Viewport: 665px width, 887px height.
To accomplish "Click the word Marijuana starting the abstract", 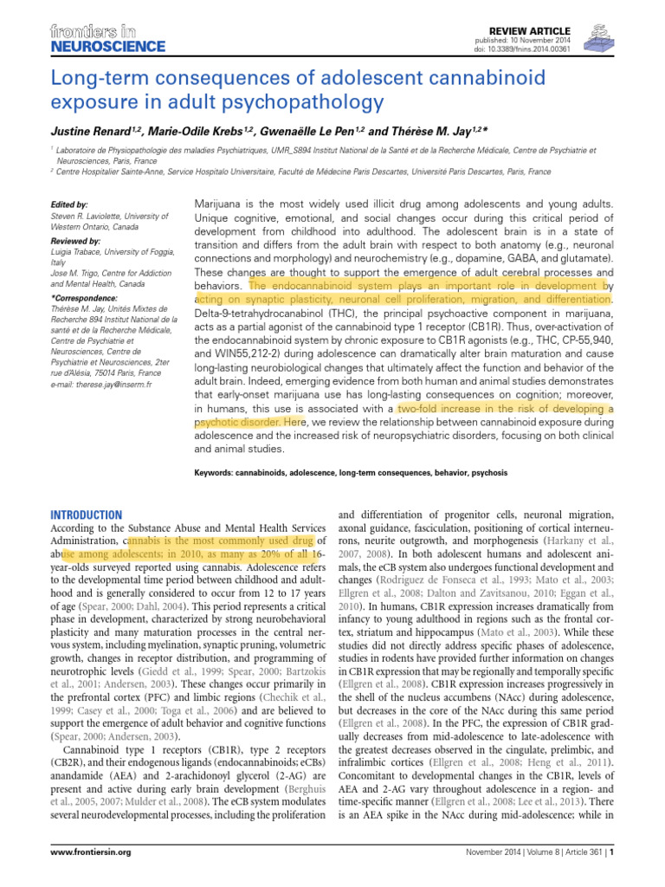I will coord(217,201).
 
